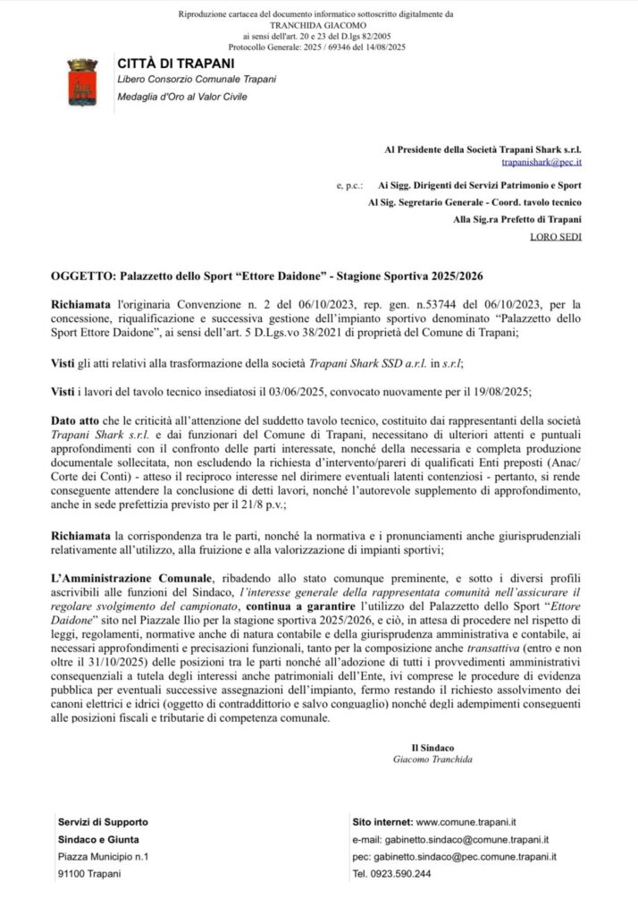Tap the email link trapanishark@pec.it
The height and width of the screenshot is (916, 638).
point(541,163)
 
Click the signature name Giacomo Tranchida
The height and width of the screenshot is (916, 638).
point(432,759)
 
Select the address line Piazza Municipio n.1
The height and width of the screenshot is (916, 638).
point(103,856)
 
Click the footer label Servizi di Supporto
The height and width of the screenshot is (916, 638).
point(103,821)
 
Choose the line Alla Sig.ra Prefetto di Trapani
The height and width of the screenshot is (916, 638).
point(517,219)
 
